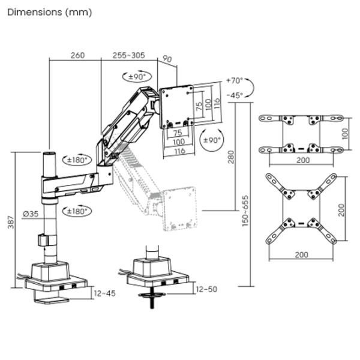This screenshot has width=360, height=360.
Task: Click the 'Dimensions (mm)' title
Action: click(x=50, y=12)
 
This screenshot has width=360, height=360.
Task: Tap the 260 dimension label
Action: click(x=77, y=55)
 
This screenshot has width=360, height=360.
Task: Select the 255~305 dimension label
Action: click(x=128, y=55)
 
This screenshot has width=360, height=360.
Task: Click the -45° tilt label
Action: click(x=236, y=95)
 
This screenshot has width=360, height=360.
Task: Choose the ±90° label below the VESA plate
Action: click(x=212, y=139)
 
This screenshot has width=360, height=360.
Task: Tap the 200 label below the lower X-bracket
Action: click(x=301, y=254)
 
